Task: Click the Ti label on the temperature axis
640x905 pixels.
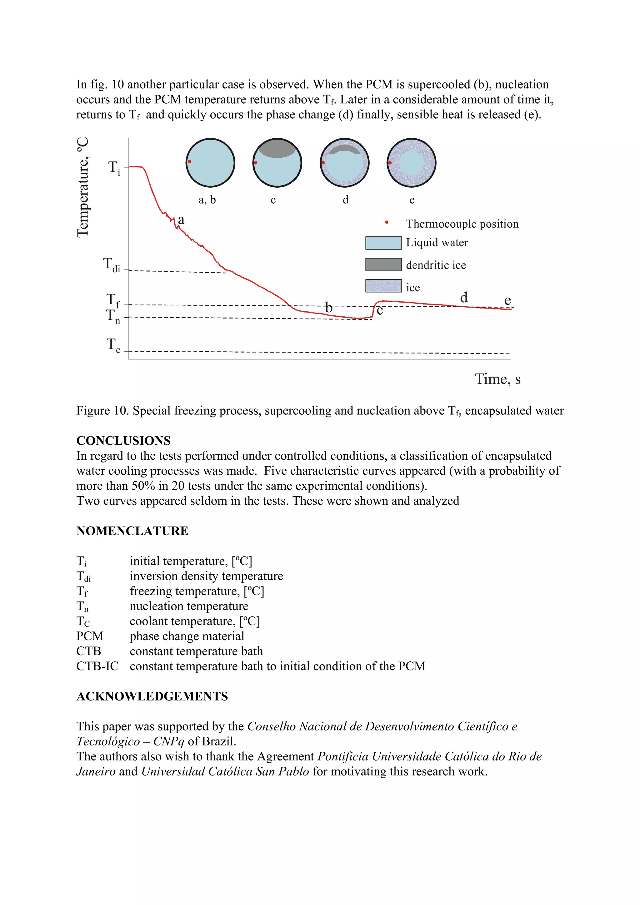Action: point(114,168)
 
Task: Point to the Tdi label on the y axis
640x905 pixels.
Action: point(112,265)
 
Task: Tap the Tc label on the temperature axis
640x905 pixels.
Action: point(113,345)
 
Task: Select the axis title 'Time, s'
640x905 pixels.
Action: point(497,379)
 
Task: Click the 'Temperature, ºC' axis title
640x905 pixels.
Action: point(83,187)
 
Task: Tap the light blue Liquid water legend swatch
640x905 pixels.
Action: point(383,243)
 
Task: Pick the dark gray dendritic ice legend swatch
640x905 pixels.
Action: point(383,265)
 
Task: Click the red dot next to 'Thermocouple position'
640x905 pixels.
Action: point(387,223)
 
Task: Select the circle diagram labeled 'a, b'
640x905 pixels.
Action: point(210,163)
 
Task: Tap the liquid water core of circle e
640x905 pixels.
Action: point(412,162)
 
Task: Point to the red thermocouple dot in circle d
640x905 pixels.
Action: point(323,163)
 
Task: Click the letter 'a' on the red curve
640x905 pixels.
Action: point(181,220)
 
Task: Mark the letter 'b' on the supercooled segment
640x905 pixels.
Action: point(328,307)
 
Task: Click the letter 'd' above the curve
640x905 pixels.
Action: point(464,297)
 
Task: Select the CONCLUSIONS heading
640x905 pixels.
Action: point(123,441)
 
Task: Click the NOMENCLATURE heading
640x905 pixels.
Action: point(132,531)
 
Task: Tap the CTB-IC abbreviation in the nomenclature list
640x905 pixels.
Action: point(97,666)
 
